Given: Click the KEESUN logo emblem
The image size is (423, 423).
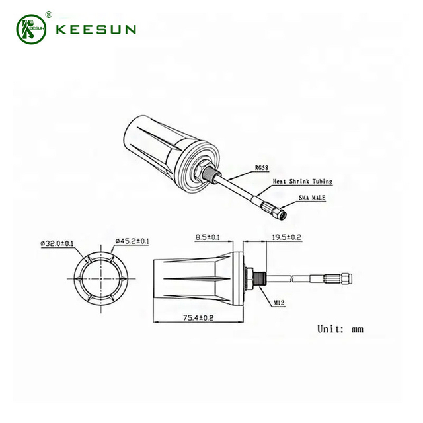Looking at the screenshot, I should pyautogui.click(x=30, y=29).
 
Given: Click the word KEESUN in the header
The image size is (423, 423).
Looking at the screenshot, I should pyautogui.click(x=96, y=30).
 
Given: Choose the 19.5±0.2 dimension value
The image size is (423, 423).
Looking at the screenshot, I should pyautogui.click(x=286, y=236).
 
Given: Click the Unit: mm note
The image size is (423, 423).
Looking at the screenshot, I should pyautogui.click(x=340, y=328).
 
